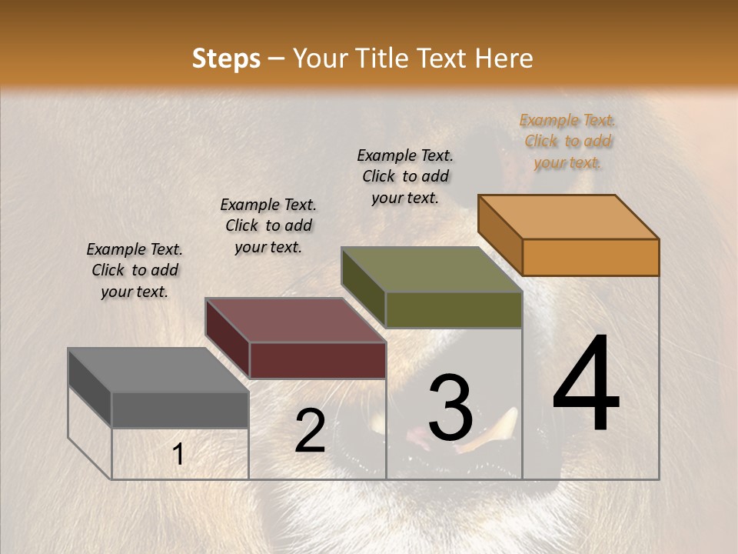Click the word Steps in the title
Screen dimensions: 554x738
[226, 58]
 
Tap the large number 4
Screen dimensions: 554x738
[587, 385]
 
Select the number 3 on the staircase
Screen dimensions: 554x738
[450, 408]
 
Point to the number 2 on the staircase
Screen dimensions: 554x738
[310, 432]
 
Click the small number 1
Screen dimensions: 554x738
[178, 455]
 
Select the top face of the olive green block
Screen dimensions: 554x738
[432, 269]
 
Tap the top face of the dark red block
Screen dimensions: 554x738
[296, 320]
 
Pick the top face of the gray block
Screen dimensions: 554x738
[158, 370]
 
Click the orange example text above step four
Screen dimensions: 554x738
[567, 142]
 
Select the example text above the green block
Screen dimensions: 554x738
[405, 176]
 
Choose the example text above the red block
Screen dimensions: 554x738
[268, 225]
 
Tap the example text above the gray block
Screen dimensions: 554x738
[135, 270]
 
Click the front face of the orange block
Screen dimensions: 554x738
[590, 257]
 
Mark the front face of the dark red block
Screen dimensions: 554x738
[317, 360]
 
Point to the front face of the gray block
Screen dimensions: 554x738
[180, 409]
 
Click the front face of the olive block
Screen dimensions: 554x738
[454, 309]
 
